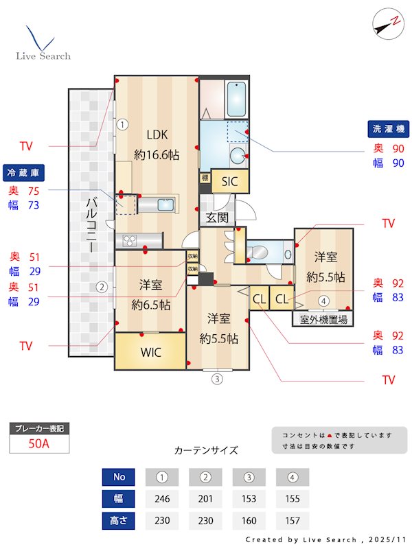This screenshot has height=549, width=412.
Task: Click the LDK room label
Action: [x=157, y=135]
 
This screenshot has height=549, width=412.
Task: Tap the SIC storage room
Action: [x=229, y=181]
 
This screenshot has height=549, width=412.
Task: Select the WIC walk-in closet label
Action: [x=150, y=353]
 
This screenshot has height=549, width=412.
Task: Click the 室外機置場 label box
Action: [x=323, y=319]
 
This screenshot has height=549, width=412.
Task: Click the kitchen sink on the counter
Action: [x=167, y=204]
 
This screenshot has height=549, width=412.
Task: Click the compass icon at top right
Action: [x=387, y=24]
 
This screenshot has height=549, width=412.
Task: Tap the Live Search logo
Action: [x=43, y=44]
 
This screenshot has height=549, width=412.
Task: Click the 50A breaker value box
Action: [x=39, y=444]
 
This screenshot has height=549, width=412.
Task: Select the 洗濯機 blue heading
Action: [x=389, y=129]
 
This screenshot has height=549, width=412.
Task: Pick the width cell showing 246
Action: [x=162, y=498]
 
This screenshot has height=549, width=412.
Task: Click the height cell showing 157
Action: [x=293, y=520]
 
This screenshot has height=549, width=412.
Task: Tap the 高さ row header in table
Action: [x=119, y=520]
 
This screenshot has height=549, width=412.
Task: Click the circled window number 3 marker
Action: [x=217, y=378]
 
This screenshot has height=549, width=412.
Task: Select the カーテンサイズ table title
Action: [x=206, y=450]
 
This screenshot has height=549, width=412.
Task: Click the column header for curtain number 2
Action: [x=206, y=476]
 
